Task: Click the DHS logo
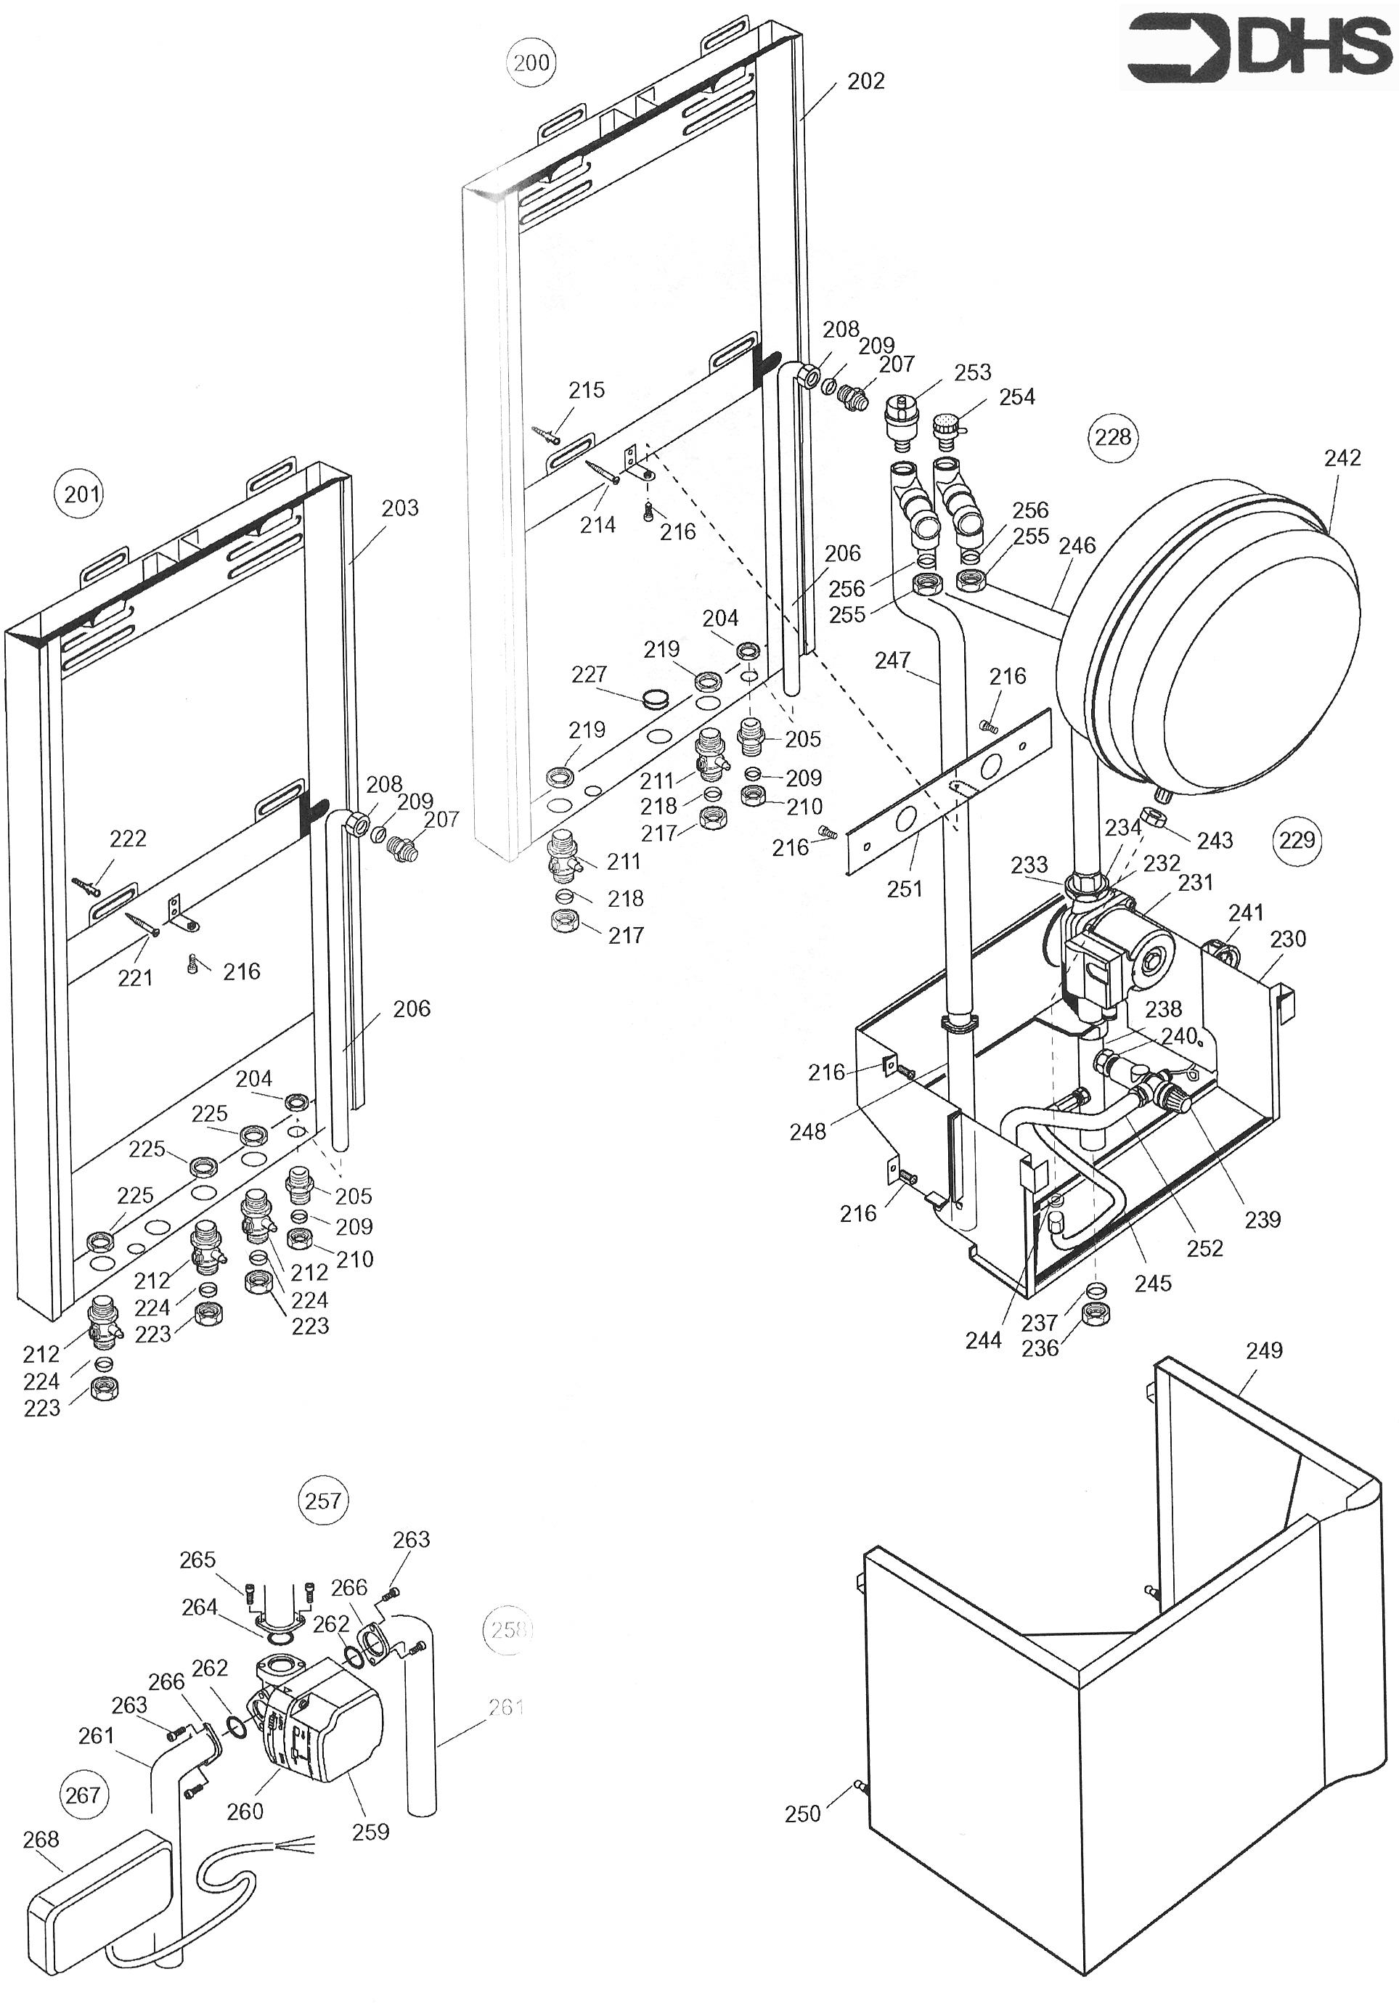click(1258, 46)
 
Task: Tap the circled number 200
click(531, 62)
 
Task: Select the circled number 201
click(82, 494)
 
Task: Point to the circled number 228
click(1112, 436)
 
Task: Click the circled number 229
click(1297, 839)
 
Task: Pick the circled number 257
click(322, 1500)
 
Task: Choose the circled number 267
click(83, 1795)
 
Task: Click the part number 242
click(1342, 458)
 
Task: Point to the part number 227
click(589, 674)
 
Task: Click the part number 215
click(587, 390)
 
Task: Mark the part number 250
click(802, 1814)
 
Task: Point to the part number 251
click(905, 889)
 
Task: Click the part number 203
click(400, 507)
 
